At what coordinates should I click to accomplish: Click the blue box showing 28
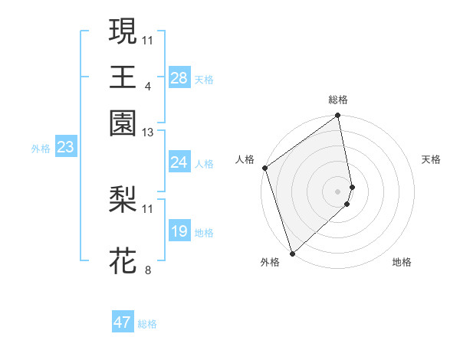pyautogui.click(x=179, y=78)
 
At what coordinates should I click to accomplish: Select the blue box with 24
pyautogui.click(x=179, y=162)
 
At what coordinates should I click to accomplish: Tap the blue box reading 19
pyautogui.click(x=179, y=231)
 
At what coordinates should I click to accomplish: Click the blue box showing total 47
pyautogui.click(x=123, y=322)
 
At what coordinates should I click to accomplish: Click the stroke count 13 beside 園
pyautogui.click(x=148, y=132)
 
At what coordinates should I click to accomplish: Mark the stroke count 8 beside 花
pyautogui.click(x=147, y=270)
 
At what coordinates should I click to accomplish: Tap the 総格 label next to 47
pyautogui.click(x=147, y=324)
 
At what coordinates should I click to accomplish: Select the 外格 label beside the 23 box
pyautogui.click(x=41, y=149)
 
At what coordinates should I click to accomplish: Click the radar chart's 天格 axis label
pyautogui.click(x=431, y=159)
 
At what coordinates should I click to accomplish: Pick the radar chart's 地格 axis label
pyautogui.click(x=402, y=263)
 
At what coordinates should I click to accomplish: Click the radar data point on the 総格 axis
pyautogui.click(x=337, y=116)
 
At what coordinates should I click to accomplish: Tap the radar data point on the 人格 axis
pyautogui.click(x=264, y=168)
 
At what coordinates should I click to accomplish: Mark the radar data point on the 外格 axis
pyautogui.click(x=292, y=253)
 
